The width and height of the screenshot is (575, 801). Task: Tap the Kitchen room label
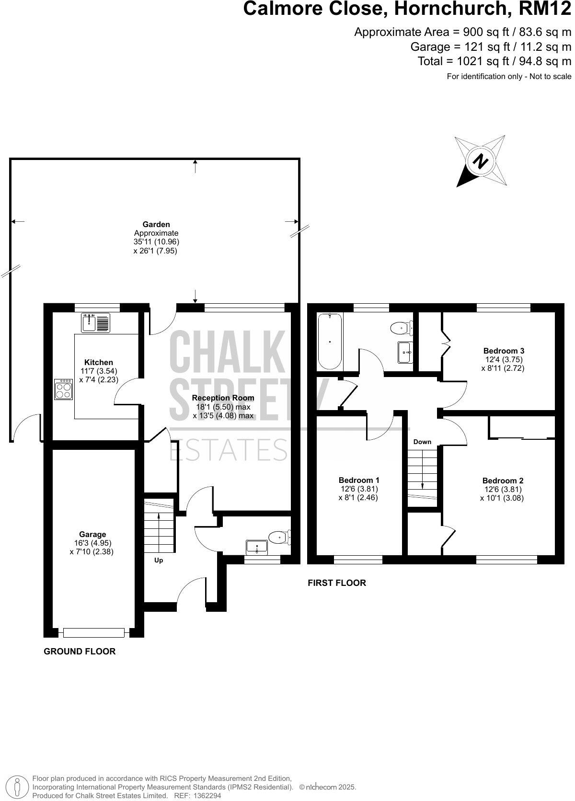(99, 362)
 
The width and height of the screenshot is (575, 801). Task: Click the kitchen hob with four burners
(63, 389)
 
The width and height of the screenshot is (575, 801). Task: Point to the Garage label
(92, 534)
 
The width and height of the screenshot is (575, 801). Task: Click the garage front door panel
(94, 633)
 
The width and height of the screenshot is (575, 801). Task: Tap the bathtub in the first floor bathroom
(330, 341)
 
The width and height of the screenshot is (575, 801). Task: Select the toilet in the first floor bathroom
(401, 328)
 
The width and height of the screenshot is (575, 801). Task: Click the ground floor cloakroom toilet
(278, 537)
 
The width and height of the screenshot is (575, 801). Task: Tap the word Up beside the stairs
(159, 560)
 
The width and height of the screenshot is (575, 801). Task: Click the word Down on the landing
(422, 442)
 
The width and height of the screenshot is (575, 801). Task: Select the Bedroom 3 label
(504, 351)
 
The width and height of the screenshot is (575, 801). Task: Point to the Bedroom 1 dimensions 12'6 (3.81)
(359, 489)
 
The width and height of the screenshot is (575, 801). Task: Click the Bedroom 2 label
(503, 481)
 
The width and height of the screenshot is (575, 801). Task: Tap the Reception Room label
(223, 398)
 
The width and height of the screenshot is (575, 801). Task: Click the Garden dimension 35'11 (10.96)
(156, 242)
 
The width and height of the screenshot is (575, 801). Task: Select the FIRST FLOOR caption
(337, 583)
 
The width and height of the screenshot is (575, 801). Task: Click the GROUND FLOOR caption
(80, 651)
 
